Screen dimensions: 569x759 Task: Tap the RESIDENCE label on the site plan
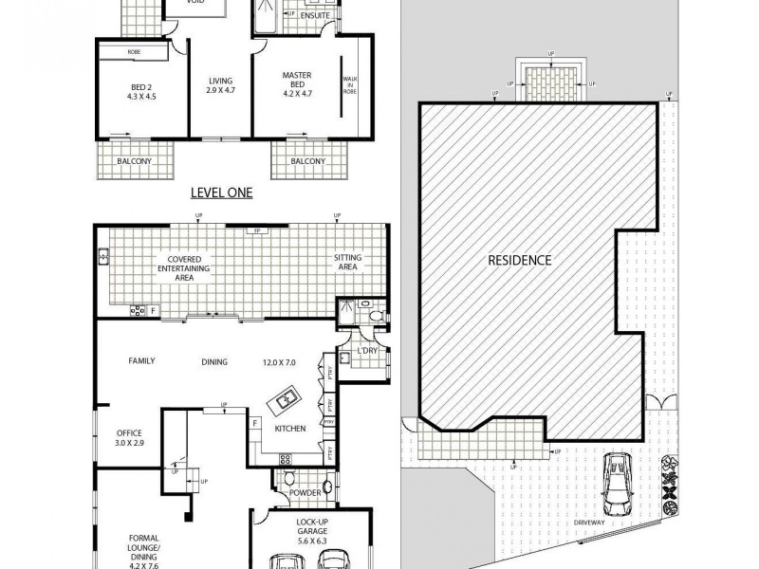click(519, 259)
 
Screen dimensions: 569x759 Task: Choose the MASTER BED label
click(300, 81)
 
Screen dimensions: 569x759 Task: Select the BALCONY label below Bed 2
click(134, 161)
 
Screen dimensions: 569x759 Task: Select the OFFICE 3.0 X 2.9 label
click(130, 437)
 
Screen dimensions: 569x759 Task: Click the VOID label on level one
click(197, 3)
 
